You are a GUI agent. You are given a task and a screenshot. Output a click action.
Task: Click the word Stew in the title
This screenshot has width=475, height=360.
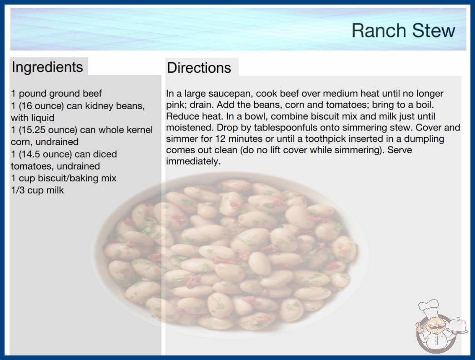434,30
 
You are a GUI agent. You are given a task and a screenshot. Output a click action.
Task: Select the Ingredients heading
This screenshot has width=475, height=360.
47,67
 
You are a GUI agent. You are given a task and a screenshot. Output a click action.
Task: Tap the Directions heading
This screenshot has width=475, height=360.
199,68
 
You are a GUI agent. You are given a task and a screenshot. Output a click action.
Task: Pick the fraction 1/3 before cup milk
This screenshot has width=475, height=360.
18,190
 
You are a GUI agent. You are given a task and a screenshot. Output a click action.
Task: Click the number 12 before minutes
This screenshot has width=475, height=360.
221,139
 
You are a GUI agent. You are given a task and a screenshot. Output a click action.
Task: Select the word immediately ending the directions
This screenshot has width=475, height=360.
193,161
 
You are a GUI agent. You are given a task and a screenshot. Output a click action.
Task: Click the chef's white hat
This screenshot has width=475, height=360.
428,308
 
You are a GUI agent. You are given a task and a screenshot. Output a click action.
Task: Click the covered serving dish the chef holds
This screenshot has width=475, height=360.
458,326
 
